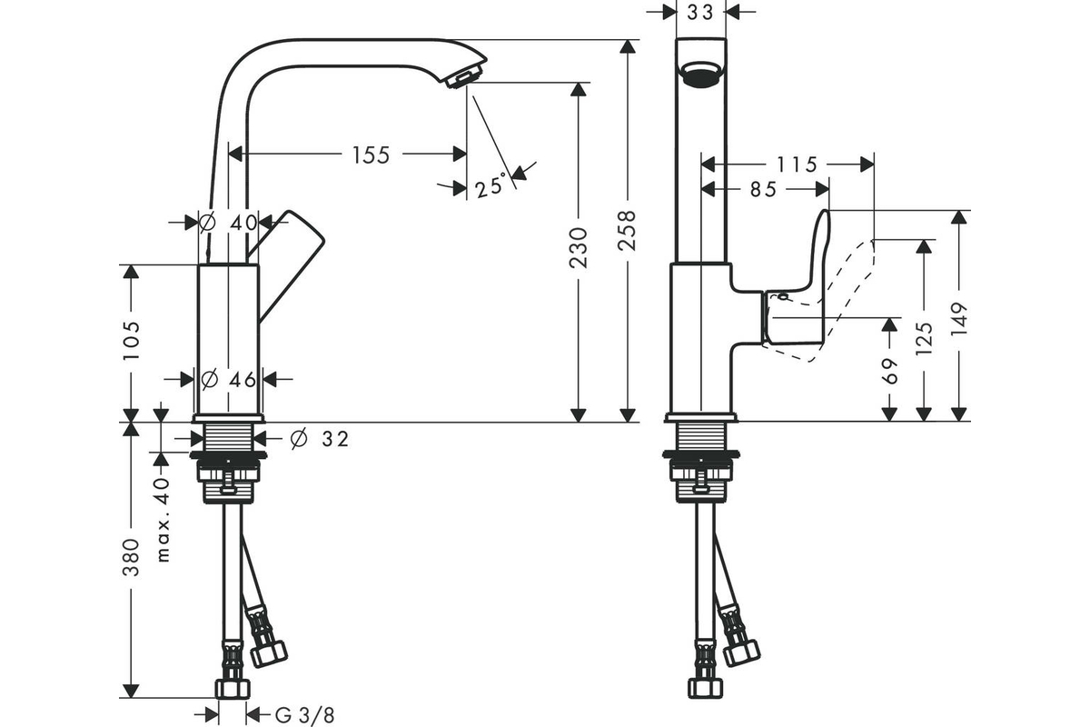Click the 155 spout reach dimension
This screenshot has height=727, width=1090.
pyautogui.click(x=371, y=154)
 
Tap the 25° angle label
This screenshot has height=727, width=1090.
pyautogui.click(x=490, y=185)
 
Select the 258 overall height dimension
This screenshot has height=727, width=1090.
pyautogui.click(x=627, y=230)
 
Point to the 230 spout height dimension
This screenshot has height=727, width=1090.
pyautogui.click(x=578, y=247)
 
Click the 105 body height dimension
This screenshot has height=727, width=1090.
pyautogui.click(x=131, y=341)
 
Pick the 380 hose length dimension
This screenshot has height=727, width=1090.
pyautogui.click(x=131, y=558)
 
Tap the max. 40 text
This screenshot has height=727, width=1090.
pyautogui.click(x=163, y=520)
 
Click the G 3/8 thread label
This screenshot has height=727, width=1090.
pyautogui.click(x=305, y=715)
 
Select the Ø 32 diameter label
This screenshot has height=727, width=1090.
pyautogui.click(x=319, y=439)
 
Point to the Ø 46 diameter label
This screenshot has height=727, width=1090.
pyautogui.click(x=228, y=379)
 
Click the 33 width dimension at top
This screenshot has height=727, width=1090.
pyautogui.click(x=700, y=13)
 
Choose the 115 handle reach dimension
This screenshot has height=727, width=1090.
pyautogui.click(x=796, y=164)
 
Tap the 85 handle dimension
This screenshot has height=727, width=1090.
pyautogui.click(x=764, y=189)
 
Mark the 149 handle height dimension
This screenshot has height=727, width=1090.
pyautogui.click(x=959, y=318)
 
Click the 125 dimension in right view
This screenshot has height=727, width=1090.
pyautogui.click(x=924, y=338)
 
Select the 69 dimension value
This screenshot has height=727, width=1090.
pyautogui.click(x=889, y=371)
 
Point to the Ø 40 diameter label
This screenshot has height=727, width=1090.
pyautogui.click(x=229, y=223)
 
